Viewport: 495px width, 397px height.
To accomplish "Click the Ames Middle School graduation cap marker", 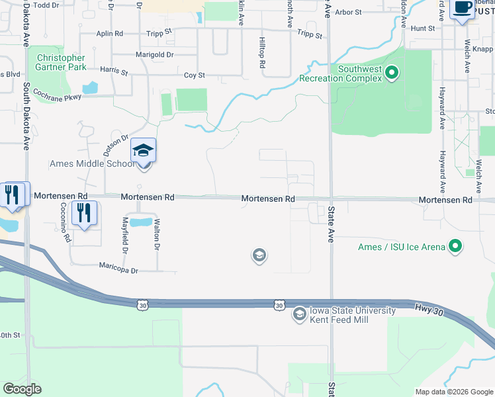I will tap(143, 151).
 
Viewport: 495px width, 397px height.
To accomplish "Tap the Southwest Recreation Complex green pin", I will tap(392, 71).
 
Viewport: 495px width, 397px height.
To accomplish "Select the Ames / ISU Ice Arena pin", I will tap(455, 247).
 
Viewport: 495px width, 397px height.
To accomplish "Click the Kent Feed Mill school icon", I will tap(299, 314).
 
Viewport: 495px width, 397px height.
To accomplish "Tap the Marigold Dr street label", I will tap(154, 54).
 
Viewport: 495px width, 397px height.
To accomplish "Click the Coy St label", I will tap(195, 75).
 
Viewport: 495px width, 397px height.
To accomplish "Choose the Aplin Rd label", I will tap(110, 33).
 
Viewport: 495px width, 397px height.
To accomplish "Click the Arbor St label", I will tap(349, 12).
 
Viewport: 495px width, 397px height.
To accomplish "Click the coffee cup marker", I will tap(462, 9).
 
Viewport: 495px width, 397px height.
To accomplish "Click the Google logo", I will tap(22, 389).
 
